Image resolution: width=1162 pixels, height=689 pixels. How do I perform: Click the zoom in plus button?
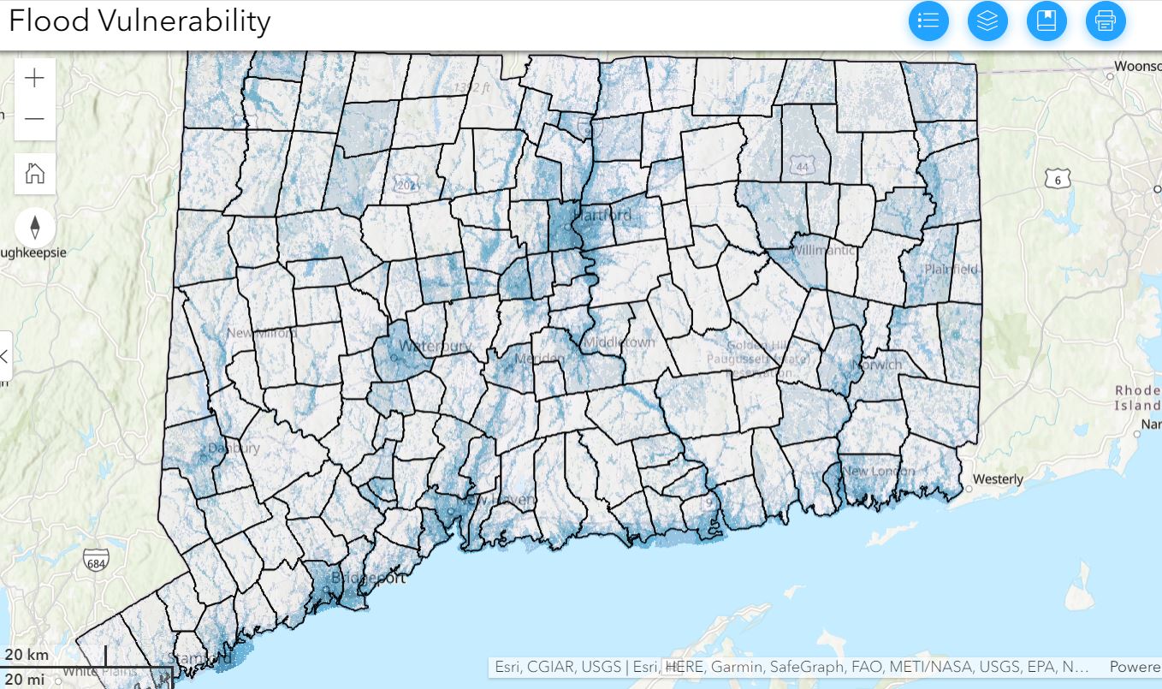[35, 79]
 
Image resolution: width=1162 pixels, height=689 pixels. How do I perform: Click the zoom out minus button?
[35, 119]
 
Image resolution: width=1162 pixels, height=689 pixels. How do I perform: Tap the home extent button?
[35, 174]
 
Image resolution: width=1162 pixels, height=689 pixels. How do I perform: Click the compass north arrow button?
[35, 227]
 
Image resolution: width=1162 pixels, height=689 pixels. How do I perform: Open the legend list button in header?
[928, 21]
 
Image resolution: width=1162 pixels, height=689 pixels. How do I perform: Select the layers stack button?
[987, 21]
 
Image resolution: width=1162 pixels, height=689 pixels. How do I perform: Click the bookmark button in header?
[1046, 21]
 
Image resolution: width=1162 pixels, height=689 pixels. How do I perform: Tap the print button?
[1106, 21]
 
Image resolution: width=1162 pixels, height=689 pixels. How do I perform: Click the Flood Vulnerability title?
[139, 21]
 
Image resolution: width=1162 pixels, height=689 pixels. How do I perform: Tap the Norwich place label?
[878, 365]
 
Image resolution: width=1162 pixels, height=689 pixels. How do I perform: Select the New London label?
[878, 471]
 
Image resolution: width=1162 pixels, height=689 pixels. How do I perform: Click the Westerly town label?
[998, 479]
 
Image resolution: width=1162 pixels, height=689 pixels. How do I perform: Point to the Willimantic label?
[823, 251]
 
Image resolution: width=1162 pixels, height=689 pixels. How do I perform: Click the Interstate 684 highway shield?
[97, 561]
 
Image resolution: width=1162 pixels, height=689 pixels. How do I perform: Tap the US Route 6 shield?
[1058, 178]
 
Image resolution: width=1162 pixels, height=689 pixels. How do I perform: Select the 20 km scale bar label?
[27, 656]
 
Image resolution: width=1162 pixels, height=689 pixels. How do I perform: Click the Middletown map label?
[619, 342]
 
